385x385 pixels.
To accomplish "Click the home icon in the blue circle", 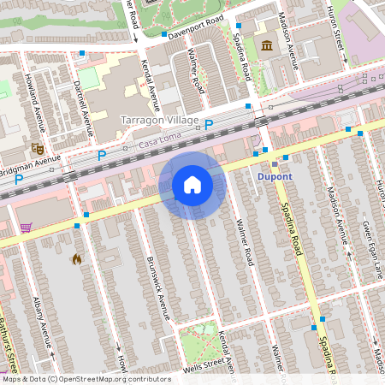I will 192,185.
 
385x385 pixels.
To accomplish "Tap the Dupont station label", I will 275,177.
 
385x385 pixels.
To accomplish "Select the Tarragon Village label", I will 160,120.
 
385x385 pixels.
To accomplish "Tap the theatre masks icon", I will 37,147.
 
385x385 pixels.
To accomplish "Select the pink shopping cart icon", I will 26,228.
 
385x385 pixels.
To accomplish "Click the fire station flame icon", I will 76,258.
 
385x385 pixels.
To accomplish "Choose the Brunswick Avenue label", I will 157,287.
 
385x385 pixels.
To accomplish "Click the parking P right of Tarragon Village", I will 208,124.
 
